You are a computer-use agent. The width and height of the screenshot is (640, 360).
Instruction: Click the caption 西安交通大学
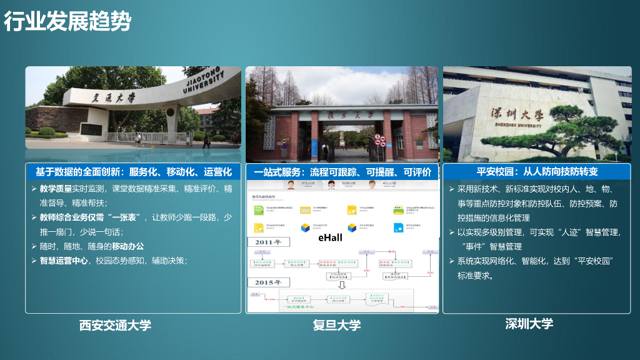click(115, 325)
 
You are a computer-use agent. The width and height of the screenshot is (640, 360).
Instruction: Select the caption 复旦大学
click(337, 325)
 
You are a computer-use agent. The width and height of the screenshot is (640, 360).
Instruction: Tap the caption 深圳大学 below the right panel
click(529, 324)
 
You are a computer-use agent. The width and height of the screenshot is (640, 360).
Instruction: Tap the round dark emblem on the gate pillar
click(91, 129)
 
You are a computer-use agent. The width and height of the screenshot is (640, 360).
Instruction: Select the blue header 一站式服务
click(342, 172)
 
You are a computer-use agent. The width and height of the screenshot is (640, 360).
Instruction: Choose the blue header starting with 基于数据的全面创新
click(133, 172)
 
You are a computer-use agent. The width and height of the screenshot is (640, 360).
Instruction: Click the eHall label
click(330, 237)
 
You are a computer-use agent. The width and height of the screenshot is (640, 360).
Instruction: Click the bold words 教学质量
click(56, 189)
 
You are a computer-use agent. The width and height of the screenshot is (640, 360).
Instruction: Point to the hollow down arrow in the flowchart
click(342, 285)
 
